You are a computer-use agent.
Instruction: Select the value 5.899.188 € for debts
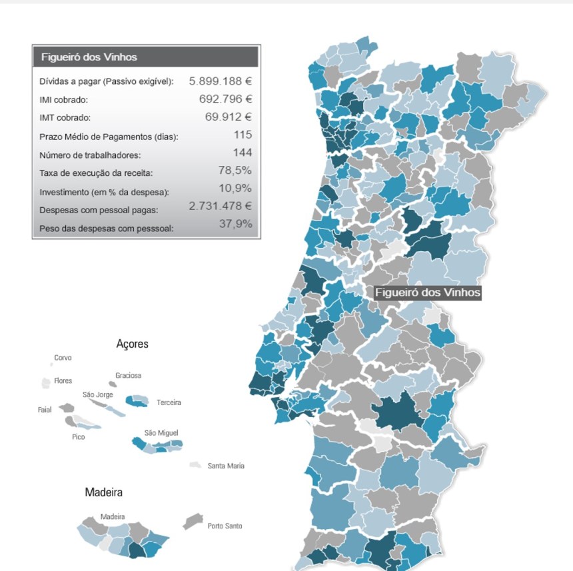point(221,81)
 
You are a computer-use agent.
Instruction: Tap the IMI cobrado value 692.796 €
point(225,99)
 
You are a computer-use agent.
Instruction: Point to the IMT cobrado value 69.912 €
point(229,117)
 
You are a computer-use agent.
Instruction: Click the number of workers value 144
point(242,153)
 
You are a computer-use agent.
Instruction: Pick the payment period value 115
point(243,135)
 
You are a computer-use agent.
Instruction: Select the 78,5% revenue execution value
point(235,171)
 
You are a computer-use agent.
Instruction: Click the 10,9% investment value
point(235,189)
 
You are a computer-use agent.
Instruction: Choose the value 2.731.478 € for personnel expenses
point(221,206)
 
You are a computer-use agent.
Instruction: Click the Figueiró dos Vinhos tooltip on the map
point(427,292)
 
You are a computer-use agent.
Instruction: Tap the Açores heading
point(132,344)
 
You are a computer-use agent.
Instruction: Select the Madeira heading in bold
point(103,492)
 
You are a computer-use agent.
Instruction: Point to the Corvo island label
point(63,358)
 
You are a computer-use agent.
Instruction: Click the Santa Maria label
point(226,466)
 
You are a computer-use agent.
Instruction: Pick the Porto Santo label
point(225,526)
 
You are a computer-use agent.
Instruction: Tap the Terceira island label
point(169,402)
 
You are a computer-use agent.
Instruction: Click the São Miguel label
point(161,433)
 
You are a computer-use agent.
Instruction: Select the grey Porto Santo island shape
point(193,520)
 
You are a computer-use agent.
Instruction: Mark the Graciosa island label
point(128,375)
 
